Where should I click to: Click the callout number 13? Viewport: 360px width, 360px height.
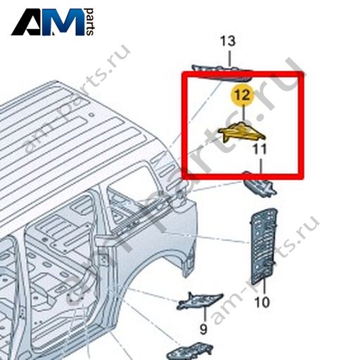click(228, 41)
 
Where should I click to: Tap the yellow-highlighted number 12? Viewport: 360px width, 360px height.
click(243, 95)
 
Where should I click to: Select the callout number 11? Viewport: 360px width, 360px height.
click(259, 149)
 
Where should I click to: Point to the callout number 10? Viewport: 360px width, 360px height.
click(262, 302)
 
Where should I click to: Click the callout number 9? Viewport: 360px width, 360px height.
click(203, 329)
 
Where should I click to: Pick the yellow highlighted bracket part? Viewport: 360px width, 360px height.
click(241, 131)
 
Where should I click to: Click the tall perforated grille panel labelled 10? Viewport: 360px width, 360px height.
click(264, 246)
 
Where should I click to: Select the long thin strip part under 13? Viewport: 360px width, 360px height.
click(221, 72)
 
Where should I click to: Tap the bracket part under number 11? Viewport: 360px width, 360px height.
click(259, 185)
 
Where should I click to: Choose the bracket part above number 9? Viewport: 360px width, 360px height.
click(199, 301)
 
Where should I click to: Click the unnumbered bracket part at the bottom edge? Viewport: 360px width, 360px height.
click(190, 352)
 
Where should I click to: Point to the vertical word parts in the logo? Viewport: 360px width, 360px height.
click(89, 22)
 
